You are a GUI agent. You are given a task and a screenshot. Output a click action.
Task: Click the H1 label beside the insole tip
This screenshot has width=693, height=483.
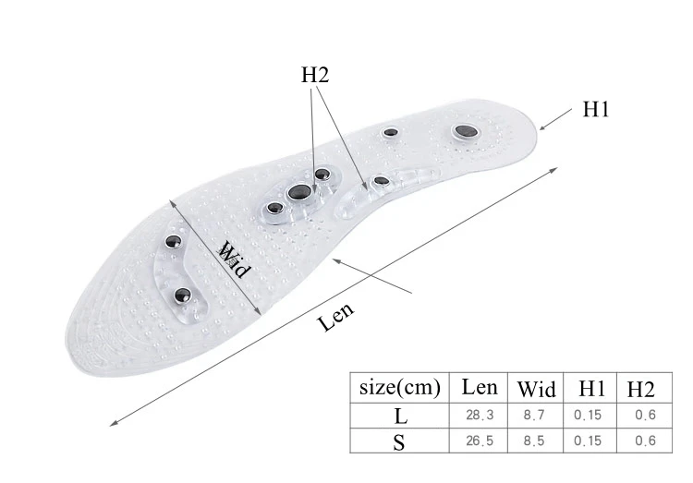595,109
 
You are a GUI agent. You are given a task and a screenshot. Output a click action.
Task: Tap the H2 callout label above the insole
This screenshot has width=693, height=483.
315,76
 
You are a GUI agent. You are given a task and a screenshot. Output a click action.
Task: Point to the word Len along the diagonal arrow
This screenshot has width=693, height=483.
336,319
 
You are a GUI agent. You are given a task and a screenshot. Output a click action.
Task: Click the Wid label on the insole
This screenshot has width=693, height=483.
235,260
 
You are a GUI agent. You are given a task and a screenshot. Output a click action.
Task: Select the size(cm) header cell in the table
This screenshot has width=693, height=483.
399,388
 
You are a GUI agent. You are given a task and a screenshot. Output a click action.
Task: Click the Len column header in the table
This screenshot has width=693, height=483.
480,388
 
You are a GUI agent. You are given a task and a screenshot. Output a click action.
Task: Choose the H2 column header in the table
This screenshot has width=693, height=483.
640,388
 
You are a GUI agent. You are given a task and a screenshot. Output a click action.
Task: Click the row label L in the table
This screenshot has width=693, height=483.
399,416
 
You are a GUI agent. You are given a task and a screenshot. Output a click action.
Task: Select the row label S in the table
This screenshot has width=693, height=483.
399,441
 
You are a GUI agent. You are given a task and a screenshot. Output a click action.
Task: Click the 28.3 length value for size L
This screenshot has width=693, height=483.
480,416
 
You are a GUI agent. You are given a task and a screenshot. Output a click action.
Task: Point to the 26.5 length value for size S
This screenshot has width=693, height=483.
480,441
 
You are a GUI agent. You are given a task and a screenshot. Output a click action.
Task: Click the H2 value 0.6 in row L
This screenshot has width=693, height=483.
645,416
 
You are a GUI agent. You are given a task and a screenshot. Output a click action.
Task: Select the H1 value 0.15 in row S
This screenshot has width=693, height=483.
587,441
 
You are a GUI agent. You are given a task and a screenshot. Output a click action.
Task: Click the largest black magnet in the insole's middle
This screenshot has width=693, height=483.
298,192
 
